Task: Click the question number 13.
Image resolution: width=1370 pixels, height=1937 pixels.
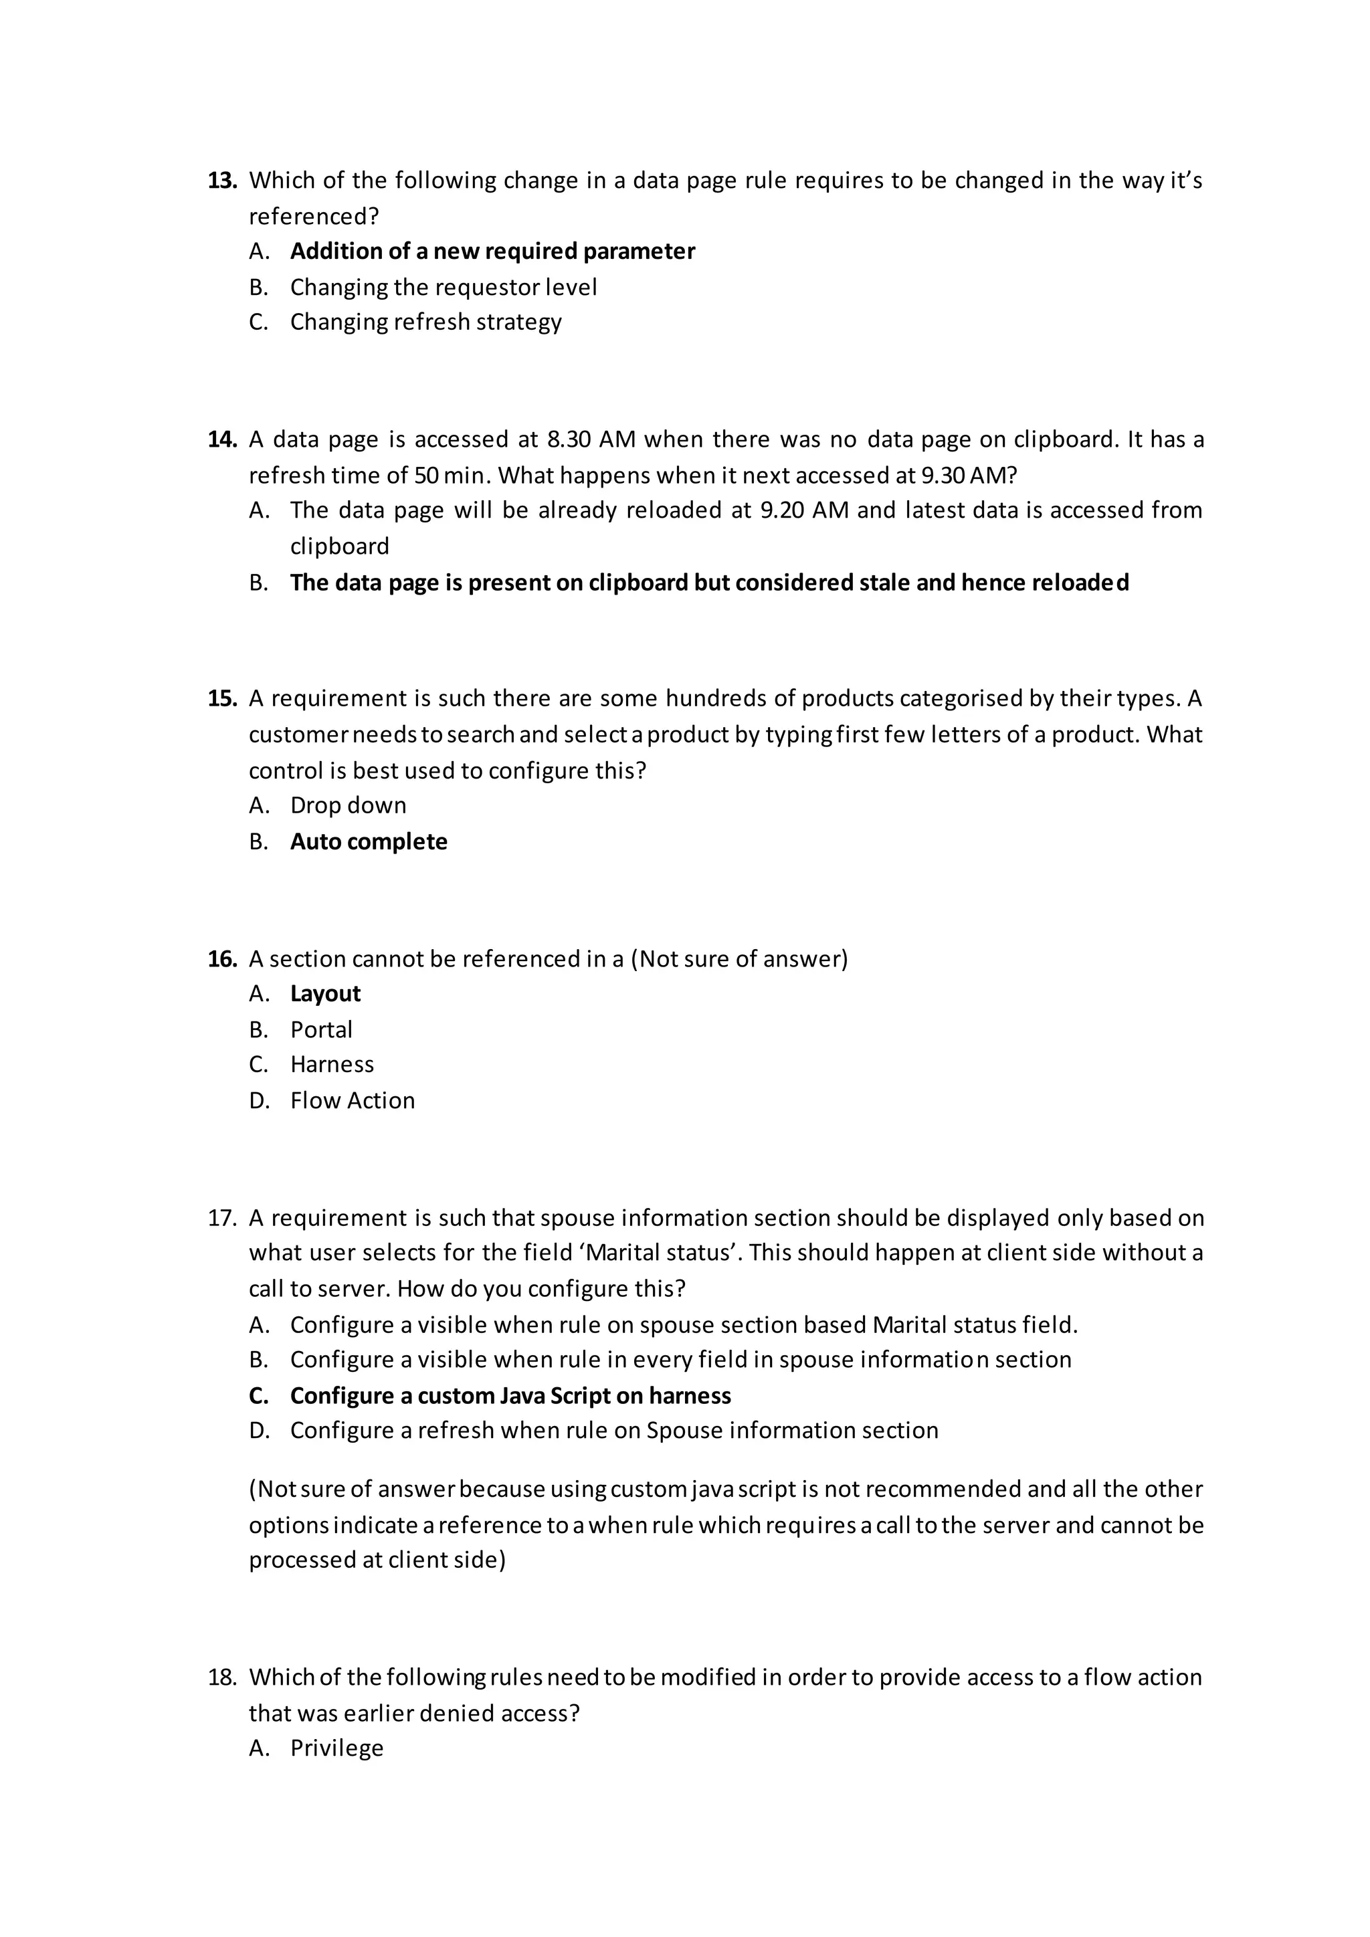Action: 222,181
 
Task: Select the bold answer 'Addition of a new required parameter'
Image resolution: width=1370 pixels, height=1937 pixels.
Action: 492,251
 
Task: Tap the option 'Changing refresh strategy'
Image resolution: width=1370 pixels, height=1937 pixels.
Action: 425,322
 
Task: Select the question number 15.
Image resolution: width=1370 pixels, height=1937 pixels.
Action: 222,698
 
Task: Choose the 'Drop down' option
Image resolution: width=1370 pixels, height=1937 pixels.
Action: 348,806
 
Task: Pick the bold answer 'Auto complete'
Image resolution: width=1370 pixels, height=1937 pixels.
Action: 369,842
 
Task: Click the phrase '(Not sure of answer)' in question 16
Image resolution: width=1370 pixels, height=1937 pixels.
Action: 739,959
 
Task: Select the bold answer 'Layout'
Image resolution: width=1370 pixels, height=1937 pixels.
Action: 325,994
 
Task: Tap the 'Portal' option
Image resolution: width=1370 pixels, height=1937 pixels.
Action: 320,1030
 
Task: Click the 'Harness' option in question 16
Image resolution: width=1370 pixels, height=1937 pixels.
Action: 332,1065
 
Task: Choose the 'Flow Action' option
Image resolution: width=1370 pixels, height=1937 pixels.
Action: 352,1101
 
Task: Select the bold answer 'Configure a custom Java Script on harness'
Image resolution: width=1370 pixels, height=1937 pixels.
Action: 510,1396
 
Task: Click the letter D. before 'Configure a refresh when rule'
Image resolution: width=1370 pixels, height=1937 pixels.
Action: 258,1431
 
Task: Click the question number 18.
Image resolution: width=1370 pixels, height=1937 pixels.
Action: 222,1677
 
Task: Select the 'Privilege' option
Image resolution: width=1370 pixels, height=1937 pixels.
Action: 336,1748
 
